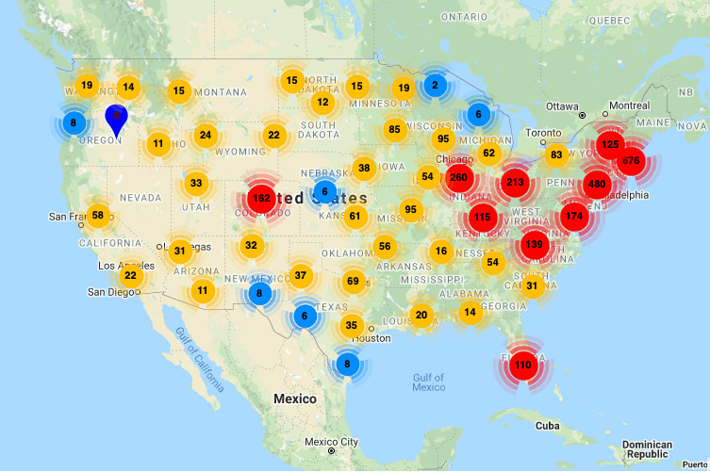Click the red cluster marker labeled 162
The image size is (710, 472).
coord(262,199)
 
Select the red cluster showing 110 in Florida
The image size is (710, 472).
coord(523,366)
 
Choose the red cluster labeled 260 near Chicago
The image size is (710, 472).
coord(458,177)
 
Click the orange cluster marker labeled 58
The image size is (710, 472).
coord(98,216)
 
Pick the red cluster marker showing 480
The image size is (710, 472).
coord(596,184)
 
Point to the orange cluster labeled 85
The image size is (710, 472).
coord(394,130)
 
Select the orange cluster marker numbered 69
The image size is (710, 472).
coord(353,281)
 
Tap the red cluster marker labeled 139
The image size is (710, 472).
coord(534,245)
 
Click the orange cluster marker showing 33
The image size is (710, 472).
coord(195,183)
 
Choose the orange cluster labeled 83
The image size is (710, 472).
coord(556,155)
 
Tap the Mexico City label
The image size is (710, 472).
coord(330,442)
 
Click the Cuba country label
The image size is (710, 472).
coord(547,425)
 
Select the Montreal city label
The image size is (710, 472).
coord(629,106)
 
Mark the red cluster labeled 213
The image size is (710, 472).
coord(515,183)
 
